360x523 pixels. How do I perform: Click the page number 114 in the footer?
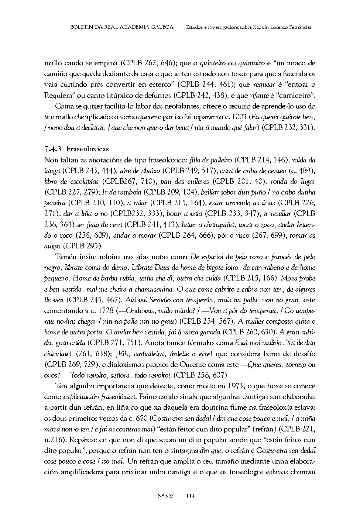click(191, 496)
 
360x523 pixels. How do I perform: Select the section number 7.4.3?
click(53, 149)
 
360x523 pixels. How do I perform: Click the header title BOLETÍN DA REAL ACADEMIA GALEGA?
click(121, 27)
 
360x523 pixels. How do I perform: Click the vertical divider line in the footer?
click(180, 496)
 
